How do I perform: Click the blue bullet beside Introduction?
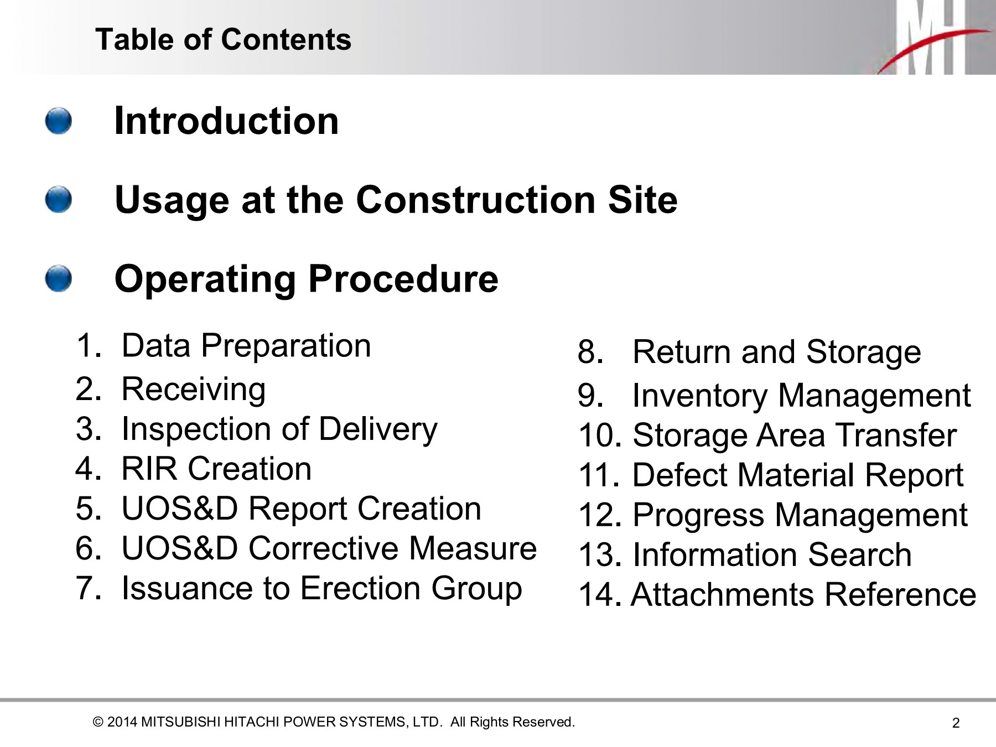59,121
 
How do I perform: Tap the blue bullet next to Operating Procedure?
59,278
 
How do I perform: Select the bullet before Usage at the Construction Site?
59,199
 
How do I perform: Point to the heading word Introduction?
226,121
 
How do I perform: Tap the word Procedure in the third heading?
403,279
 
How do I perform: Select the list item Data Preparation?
246,346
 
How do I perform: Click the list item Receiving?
194,390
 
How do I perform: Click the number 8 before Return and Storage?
590,352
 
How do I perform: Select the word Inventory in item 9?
699,396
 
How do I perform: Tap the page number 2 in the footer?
956,723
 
